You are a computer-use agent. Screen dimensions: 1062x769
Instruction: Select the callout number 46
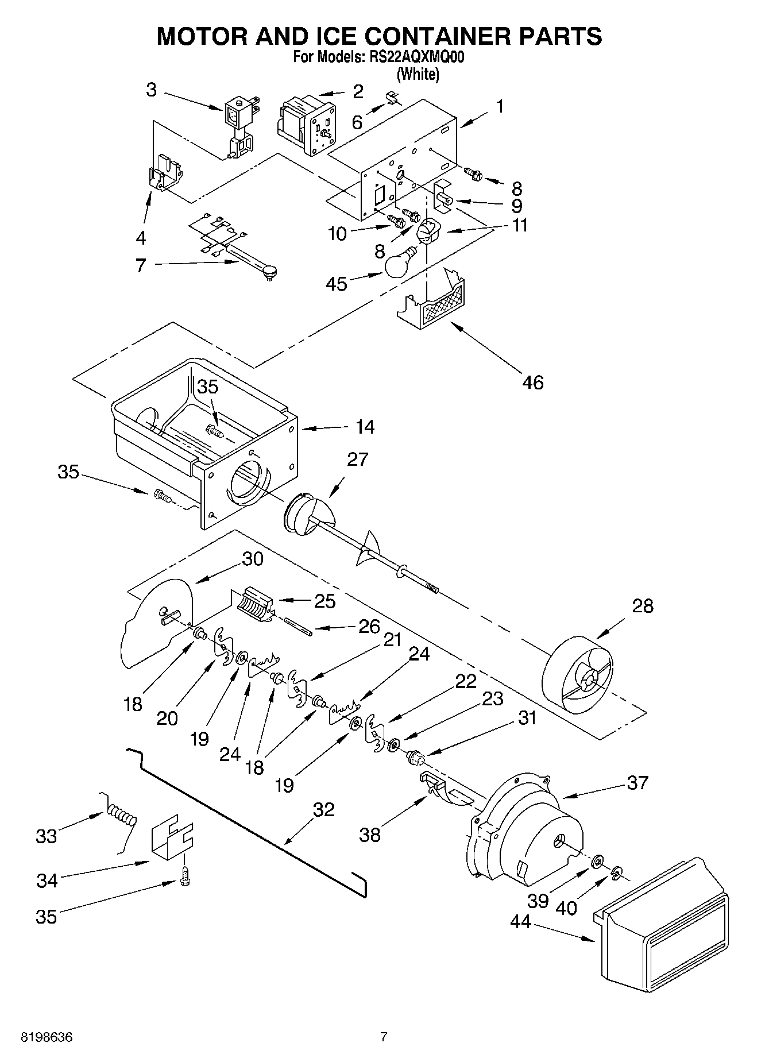click(x=533, y=382)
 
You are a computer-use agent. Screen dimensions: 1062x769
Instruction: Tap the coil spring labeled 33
click(x=121, y=816)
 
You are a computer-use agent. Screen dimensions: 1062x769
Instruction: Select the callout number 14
click(x=365, y=427)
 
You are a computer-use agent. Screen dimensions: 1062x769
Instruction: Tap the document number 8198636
click(x=47, y=1037)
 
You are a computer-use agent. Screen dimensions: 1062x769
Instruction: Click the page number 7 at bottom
click(x=384, y=1037)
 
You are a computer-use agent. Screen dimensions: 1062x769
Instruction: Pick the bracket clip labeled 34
click(x=171, y=837)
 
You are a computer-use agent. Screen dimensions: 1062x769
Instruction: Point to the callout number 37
click(x=637, y=782)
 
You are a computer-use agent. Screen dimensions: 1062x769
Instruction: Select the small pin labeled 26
click(x=297, y=626)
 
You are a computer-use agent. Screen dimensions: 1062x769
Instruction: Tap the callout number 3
click(x=151, y=90)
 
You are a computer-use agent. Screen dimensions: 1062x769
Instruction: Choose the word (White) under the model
click(x=418, y=74)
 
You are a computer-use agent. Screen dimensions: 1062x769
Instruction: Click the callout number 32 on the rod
click(x=323, y=810)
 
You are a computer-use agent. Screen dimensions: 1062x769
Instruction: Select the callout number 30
click(x=252, y=559)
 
